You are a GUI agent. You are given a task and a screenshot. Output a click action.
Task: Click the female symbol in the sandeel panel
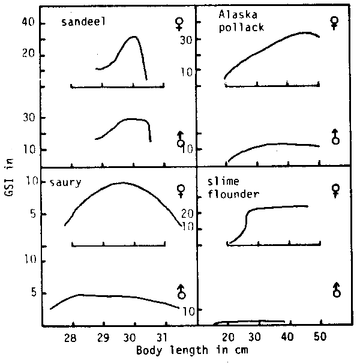[x=178, y=24]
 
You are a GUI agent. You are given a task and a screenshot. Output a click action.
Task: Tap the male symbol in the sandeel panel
[x=180, y=139]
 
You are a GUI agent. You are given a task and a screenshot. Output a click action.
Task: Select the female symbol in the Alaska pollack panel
[x=335, y=23]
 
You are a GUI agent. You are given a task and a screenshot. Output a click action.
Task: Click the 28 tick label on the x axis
[x=71, y=337]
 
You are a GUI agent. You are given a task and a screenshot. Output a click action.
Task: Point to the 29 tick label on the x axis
[x=103, y=337]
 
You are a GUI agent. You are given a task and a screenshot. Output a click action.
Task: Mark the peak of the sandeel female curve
[x=134, y=37]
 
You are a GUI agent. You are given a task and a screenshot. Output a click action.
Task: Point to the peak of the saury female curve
[x=122, y=182]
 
